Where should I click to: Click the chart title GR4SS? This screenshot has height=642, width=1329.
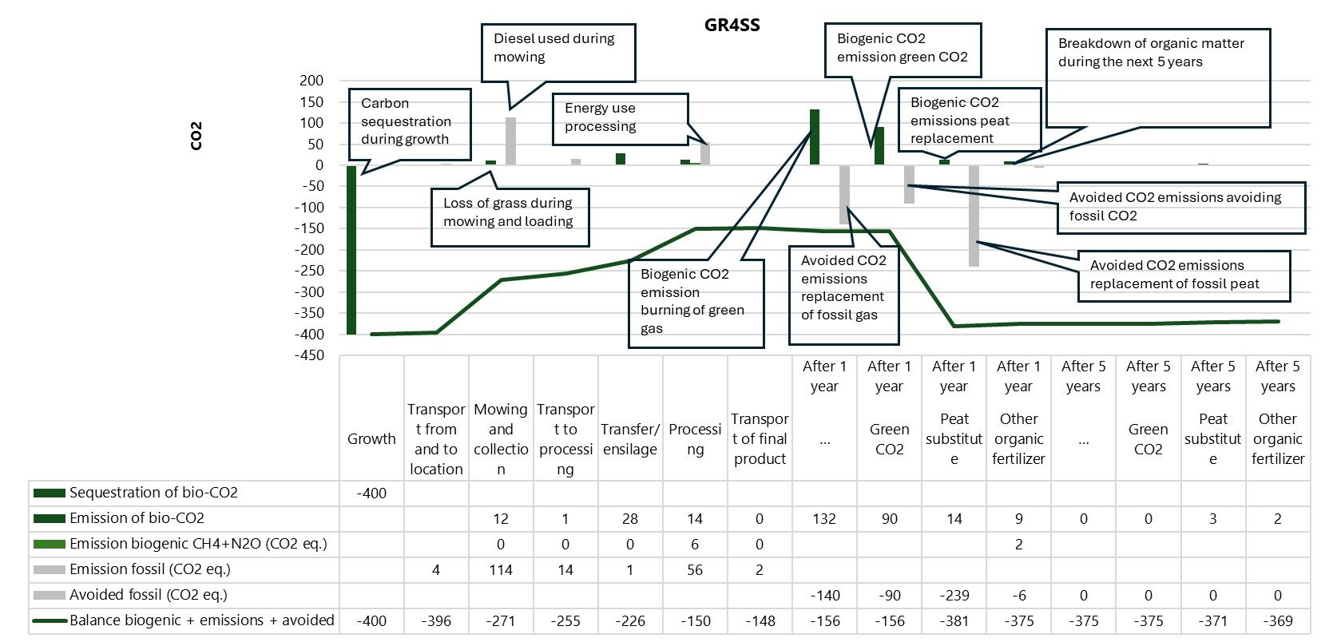click(732, 25)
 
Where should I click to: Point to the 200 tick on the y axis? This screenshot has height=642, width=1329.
click(311, 81)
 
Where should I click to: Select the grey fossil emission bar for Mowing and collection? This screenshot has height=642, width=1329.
click(510, 141)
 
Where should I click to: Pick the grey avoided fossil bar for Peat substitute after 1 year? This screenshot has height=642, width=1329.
click(974, 216)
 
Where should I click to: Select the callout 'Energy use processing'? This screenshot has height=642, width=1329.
click(619, 118)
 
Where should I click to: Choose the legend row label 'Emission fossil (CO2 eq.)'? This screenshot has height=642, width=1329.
click(149, 569)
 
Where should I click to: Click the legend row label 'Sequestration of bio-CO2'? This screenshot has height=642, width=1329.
click(153, 493)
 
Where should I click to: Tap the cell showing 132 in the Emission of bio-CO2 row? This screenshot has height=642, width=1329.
click(824, 519)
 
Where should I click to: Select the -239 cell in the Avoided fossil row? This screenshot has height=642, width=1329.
click(954, 596)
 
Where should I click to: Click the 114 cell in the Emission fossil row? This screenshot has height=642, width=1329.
click(501, 570)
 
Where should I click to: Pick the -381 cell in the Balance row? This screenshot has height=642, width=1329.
click(954, 621)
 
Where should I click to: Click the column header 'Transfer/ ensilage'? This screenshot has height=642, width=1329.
click(630, 439)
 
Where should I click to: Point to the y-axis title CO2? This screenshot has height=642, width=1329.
click(196, 136)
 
